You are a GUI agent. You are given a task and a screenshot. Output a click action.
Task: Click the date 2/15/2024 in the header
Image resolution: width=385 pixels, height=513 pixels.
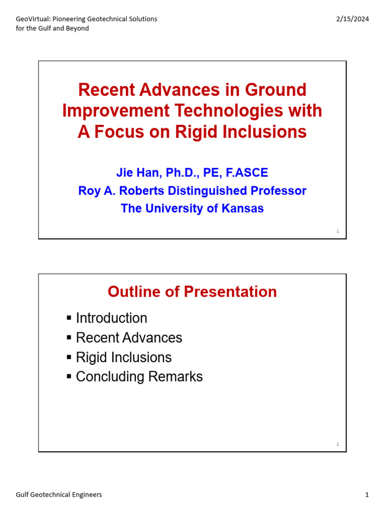[x=352, y=19]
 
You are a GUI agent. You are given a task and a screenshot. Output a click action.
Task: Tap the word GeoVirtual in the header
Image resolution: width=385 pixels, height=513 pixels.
[x=31, y=19]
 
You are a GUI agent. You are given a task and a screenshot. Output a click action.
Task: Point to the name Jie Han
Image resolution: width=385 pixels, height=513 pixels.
[x=135, y=173]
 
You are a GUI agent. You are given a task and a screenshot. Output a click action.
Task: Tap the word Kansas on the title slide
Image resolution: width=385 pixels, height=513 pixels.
[x=241, y=208]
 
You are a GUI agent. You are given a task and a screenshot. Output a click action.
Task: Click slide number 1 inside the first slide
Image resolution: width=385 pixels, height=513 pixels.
[x=338, y=231]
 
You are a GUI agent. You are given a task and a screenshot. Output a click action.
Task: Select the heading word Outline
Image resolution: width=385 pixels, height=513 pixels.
[x=131, y=292]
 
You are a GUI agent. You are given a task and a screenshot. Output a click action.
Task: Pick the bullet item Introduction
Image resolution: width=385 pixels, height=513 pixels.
[x=111, y=318]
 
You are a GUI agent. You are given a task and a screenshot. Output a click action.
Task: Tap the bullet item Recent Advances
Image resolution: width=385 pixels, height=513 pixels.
[x=129, y=338]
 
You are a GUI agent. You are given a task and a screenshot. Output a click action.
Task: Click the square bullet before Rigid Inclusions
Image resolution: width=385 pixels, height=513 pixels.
[x=69, y=357]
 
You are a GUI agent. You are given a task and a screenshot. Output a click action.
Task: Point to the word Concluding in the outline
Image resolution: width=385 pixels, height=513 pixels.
[x=106, y=377]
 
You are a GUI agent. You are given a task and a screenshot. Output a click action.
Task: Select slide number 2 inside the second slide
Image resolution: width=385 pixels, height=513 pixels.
[x=338, y=444]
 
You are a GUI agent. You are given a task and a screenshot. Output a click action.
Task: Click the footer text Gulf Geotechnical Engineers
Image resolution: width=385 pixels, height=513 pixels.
[x=59, y=495]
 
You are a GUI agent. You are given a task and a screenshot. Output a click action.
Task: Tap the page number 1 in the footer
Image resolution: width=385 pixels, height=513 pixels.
[x=367, y=495]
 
